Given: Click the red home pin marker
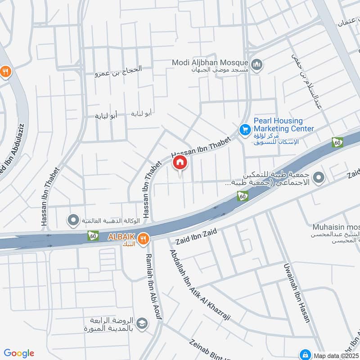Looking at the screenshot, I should click(x=180, y=162).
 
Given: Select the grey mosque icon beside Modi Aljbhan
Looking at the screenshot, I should click(x=257, y=65).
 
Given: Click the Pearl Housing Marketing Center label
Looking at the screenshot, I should click(x=283, y=125).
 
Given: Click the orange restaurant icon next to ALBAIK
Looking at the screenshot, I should click(x=144, y=239).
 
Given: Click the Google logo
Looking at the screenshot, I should click(x=19, y=353).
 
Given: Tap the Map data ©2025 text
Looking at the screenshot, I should click(x=337, y=355).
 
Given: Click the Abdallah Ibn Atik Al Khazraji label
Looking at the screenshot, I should click(x=199, y=285).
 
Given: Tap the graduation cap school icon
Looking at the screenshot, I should click(x=142, y=324).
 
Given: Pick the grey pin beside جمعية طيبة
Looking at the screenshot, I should click(x=319, y=178).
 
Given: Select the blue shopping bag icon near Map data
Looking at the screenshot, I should click(x=306, y=354).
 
